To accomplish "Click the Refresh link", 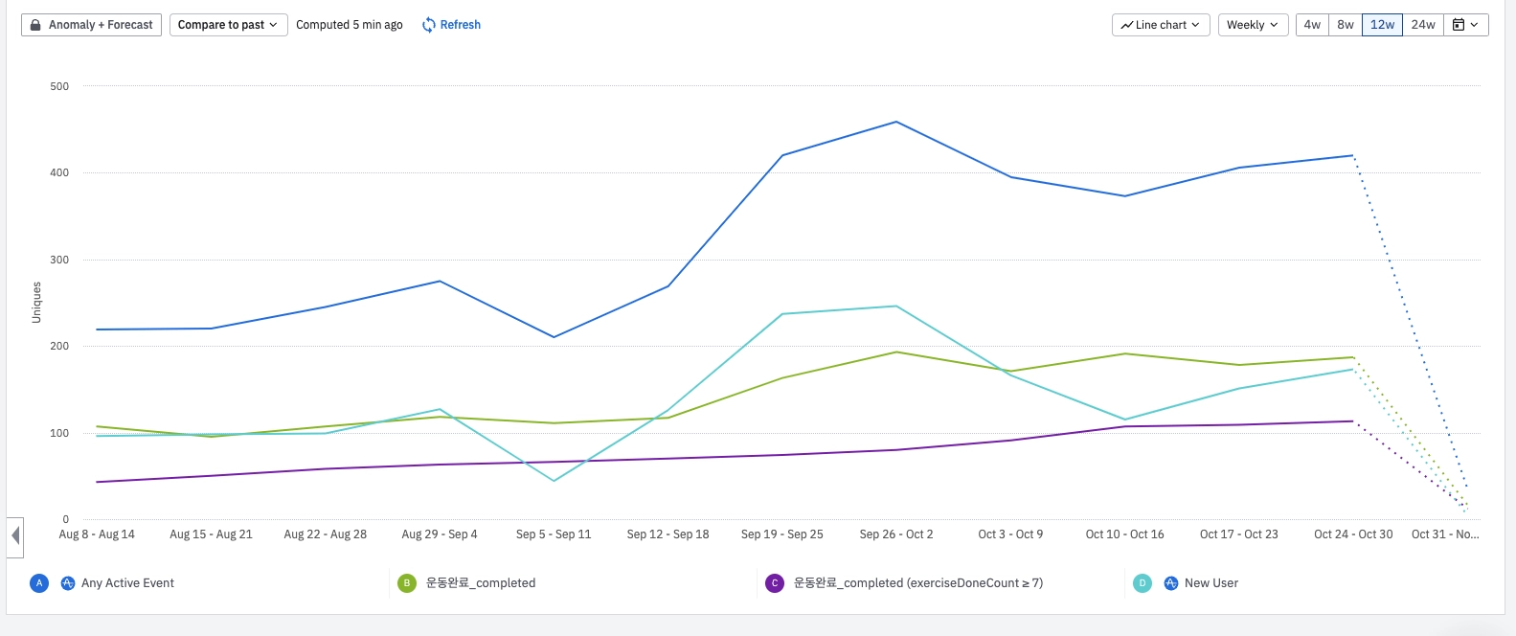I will click(x=452, y=25).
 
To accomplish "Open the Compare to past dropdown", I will click(x=228, y=25).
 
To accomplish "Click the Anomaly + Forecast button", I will click(x=92, y=25).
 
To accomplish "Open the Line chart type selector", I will click(x=1161, y=25).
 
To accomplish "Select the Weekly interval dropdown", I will click(x=1252, y=25).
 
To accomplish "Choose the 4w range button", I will click(x=1312, y=25).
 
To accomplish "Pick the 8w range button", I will click(x=1346, y=25).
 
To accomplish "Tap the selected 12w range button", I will click(x=1382, y=25).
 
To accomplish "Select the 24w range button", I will click(x=1423, y=25).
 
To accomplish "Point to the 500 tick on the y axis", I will click(x=59, y=86).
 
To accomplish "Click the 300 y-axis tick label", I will click(x=59, y=260).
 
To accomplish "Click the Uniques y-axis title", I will click(x=36, y=302).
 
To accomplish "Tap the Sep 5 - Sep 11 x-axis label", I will click(x=554, y=534).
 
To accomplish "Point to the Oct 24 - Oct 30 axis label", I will click(x=1353, y=534).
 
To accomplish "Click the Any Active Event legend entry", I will click(x=127, y=583).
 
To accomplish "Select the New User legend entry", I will click(x=1211, y=583).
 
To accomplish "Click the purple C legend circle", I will click(x=775, y=583).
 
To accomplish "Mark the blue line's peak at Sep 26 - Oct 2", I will click(x=896, y=122).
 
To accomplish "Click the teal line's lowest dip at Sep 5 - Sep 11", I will click(x=554, y=481).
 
